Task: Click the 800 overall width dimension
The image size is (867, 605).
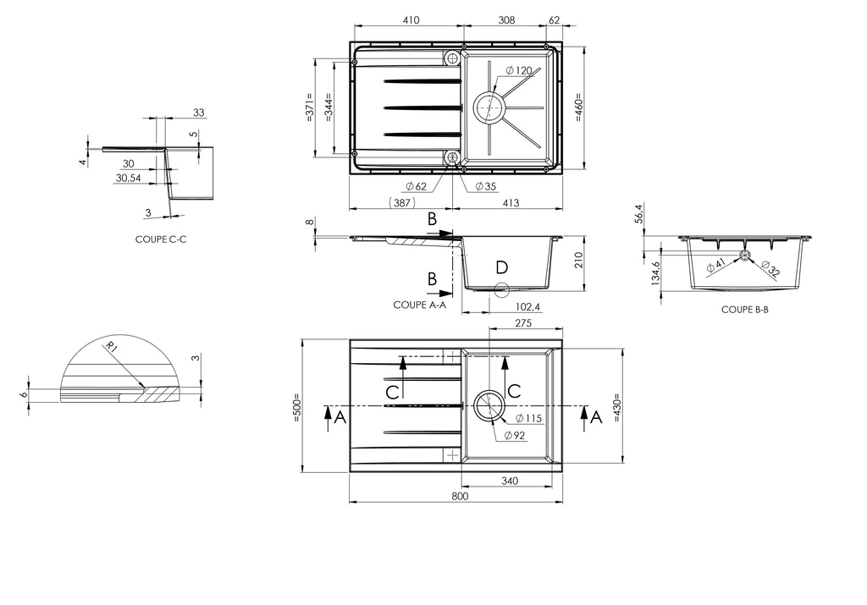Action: [460, 497]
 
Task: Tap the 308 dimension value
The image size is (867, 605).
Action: [506, 19]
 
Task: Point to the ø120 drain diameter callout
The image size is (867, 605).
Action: [517, 69]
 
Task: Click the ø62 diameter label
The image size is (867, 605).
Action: [416, 185]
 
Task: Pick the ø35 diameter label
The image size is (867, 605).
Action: [485, 185]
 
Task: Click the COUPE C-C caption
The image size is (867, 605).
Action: [160, 239]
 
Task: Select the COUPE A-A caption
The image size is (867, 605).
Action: [419, 305]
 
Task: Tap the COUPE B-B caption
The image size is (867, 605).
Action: [744, 310]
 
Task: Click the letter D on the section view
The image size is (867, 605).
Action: [501, 268]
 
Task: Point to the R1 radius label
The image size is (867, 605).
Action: [110, 346]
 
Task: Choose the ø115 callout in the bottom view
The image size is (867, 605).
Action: [527, 419]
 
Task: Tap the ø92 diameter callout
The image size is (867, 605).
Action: [514, 436]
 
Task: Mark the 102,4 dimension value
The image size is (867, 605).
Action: [529, 306]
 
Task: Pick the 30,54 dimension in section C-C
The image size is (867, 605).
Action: [128, 179]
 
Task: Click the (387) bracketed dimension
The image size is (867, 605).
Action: [400, 203]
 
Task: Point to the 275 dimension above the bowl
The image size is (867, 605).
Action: [522, 323]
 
